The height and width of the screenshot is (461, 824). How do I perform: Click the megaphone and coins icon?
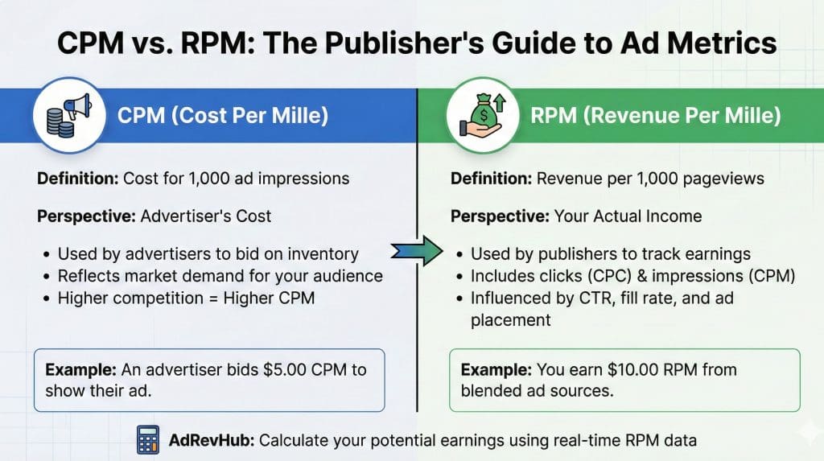69,115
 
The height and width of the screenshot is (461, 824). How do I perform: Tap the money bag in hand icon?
483,115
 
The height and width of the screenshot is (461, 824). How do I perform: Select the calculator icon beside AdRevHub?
148,439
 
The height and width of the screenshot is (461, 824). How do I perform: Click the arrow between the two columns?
417,251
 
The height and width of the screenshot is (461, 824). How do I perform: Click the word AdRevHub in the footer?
212,440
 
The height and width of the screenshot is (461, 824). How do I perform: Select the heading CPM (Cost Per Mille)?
223,115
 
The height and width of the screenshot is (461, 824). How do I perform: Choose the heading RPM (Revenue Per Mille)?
655,115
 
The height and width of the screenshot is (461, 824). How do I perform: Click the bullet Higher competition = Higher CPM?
186,298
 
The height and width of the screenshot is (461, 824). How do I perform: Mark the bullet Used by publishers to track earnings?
611,254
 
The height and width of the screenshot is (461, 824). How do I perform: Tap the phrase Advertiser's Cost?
205,216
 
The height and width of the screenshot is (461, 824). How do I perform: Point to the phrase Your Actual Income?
628,216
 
